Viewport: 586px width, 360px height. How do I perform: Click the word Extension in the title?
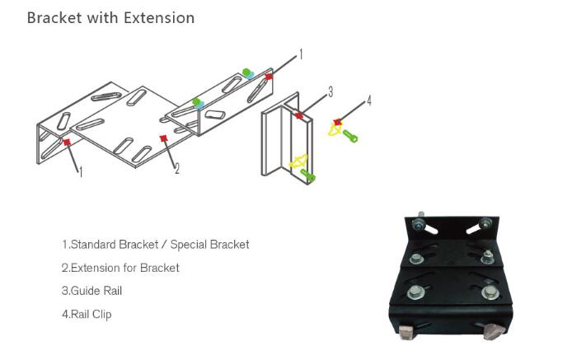(x=159, y=18)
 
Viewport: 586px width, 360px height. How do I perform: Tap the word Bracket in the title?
(x=54, y=18)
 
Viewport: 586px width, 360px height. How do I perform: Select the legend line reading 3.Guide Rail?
(x=92, y=291)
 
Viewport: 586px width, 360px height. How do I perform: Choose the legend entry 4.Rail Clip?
(x=87, y=315)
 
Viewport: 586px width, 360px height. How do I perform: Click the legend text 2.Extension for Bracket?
(x=120, y=268)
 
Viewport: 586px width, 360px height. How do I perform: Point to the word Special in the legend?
(x=189, y=245)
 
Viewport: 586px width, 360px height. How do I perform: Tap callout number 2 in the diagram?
(x=177, y=169)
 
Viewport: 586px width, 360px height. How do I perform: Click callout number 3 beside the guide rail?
(x=331, y=92)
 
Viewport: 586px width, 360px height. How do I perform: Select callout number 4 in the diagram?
(x=369, y=101)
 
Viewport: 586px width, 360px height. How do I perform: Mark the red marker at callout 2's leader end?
(x=163, y=138)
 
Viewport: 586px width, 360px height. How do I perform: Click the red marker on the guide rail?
(x=299, y=115)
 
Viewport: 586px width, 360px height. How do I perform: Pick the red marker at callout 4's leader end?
(x=338, y=122)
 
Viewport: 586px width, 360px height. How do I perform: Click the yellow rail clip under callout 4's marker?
(x=335, y=130)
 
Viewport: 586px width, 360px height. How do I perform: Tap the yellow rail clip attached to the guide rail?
(x=298, y=161)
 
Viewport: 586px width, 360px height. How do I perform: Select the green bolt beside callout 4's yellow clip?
(x=350, y=136)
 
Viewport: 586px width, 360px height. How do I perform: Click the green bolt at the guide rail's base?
(x=308, y=175)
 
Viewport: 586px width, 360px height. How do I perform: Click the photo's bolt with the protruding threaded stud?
(x=420, y=222)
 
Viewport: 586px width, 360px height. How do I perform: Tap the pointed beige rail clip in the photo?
(x=494, y=331)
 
